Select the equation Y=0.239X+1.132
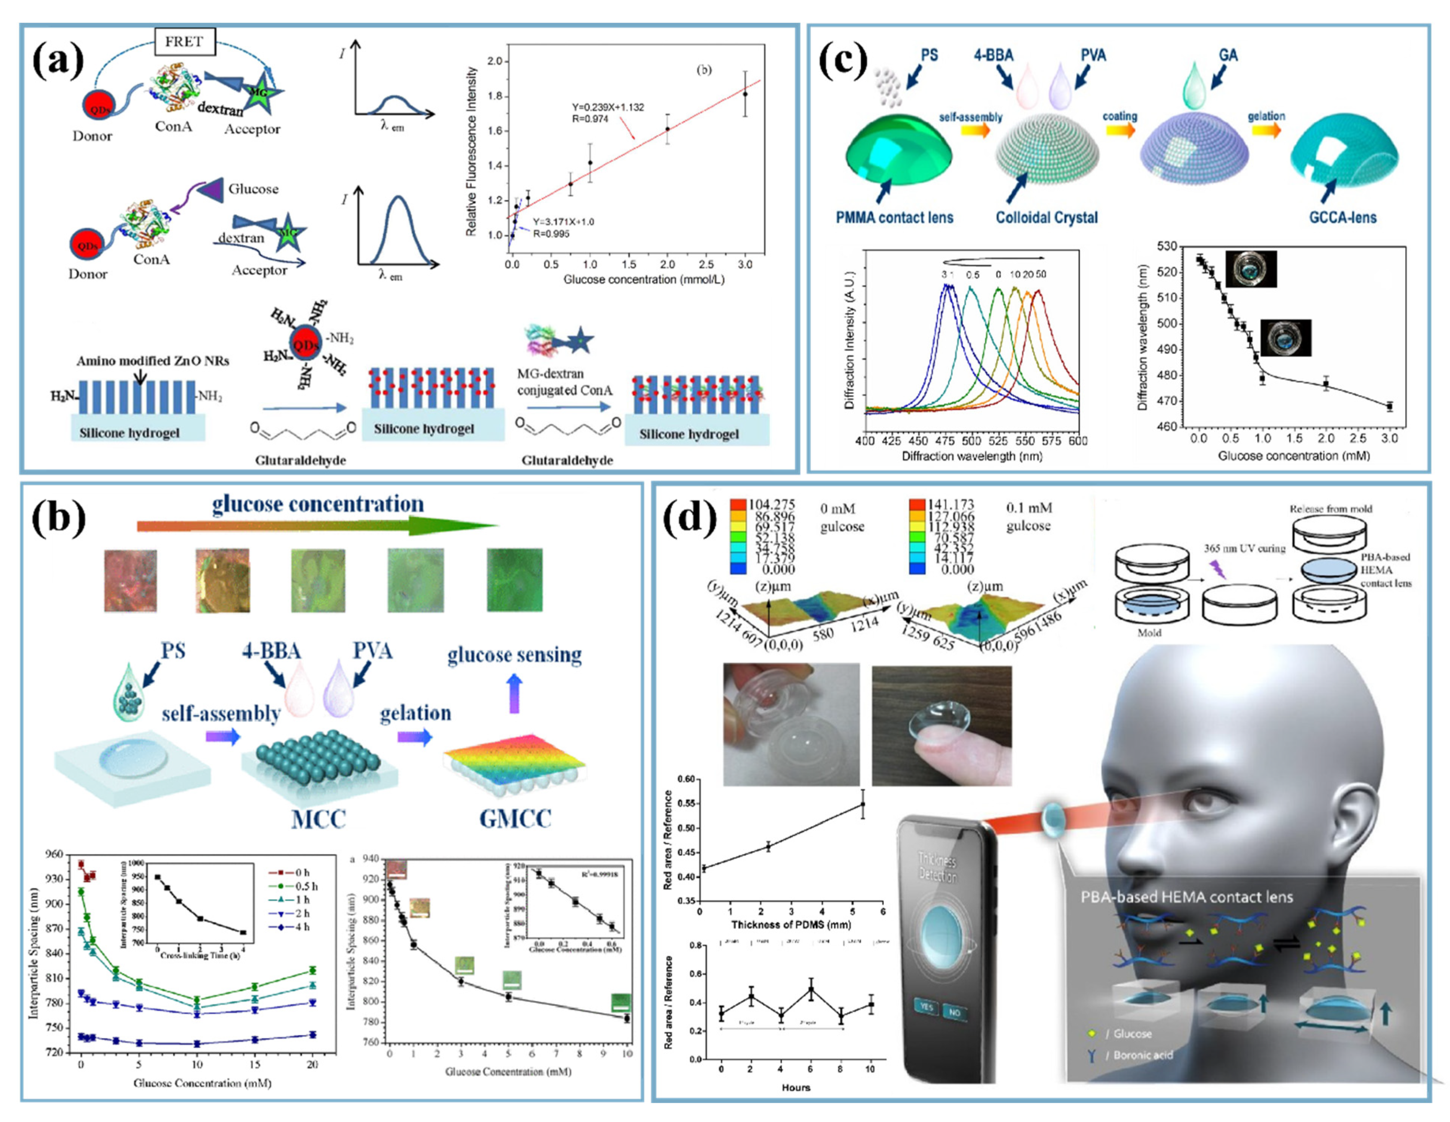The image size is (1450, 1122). [x=608, y=107]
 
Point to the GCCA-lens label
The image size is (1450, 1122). [x=1342, y=217]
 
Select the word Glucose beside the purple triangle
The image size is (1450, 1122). [x=253, y=189]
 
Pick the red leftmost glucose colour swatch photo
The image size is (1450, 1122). [x=130, y=580]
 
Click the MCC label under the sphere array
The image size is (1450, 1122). [x=318, y=819]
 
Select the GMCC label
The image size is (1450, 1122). [x=515, y=819]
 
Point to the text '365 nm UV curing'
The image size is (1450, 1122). [x=1244, y=548]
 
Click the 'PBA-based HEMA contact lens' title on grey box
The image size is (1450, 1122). [x=1186, y=897]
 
